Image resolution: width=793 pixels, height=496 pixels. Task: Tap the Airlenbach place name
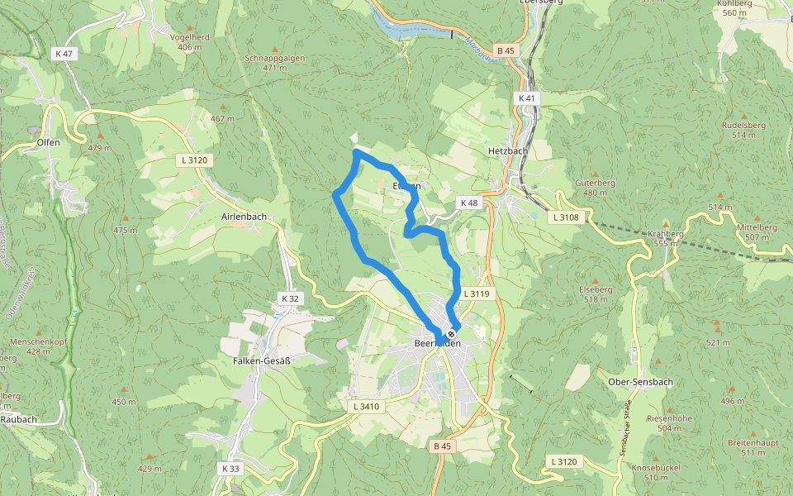[x=244, y=217]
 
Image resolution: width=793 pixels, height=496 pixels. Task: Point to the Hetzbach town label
[x=507, y=152]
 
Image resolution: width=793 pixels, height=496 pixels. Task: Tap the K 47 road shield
[x=62, y=53]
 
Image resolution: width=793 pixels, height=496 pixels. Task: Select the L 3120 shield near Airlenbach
[x=195, y=159]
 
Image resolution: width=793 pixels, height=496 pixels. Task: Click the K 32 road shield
[x=290, y=298]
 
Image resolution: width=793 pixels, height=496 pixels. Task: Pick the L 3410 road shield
[x=365, y=406]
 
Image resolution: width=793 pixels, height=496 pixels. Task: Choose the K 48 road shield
[x=468, y=203]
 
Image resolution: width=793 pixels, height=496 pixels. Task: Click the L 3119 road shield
[x=477, y=293]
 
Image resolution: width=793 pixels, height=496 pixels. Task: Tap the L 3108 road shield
[x=567, y=217]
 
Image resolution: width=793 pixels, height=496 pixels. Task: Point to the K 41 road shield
[x=526, y=98]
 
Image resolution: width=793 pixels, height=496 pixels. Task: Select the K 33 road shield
[x=230, y=468]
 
